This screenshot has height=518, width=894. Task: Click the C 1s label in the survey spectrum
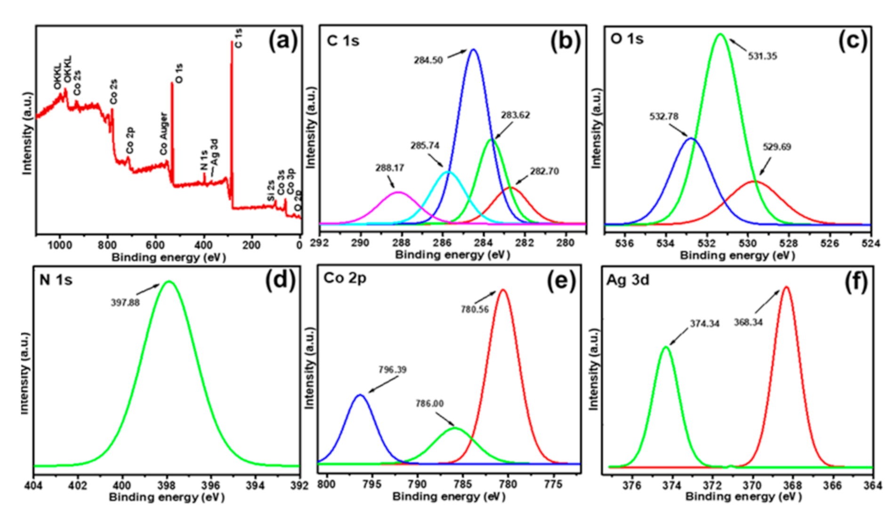tap(238, 38)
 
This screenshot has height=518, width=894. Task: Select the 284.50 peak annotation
tap(428, 60)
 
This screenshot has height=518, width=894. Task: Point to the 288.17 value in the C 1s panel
tap(389, 168)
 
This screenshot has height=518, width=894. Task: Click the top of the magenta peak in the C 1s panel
tap(399, 192)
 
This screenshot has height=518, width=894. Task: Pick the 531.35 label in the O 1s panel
tap(762, 56)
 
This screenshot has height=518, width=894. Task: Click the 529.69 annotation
tap(776, 147)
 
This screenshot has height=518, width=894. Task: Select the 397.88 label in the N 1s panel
tap(125, 303)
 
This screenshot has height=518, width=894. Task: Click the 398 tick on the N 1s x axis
tap(166, 485)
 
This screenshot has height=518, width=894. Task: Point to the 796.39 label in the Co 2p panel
tap(392, 370)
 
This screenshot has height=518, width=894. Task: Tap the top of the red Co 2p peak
tap(503, 290)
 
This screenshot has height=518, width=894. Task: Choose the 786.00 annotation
tap(429, 404)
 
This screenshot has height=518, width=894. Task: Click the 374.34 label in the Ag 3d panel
tap(704, 324)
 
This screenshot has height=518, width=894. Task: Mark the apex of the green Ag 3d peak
tap(666, 347)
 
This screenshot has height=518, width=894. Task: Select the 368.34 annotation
tap(748, 323)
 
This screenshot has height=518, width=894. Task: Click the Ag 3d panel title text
tap(628, 280)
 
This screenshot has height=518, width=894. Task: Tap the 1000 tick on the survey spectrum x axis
tap(59, 245)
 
